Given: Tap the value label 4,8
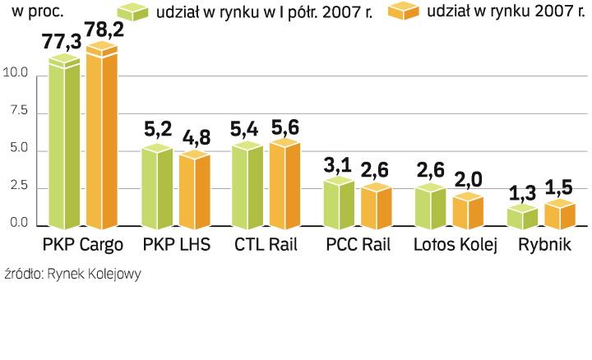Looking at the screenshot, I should [x=194, y=136].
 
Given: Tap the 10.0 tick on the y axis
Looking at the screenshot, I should [x=16, y=75].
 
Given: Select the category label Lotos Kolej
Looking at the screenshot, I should [x=456, y=246].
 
